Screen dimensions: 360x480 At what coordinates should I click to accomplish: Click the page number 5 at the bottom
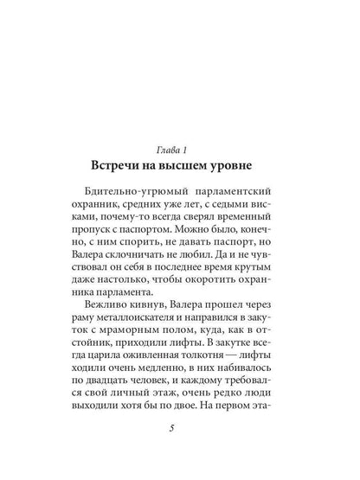(179, 456)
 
